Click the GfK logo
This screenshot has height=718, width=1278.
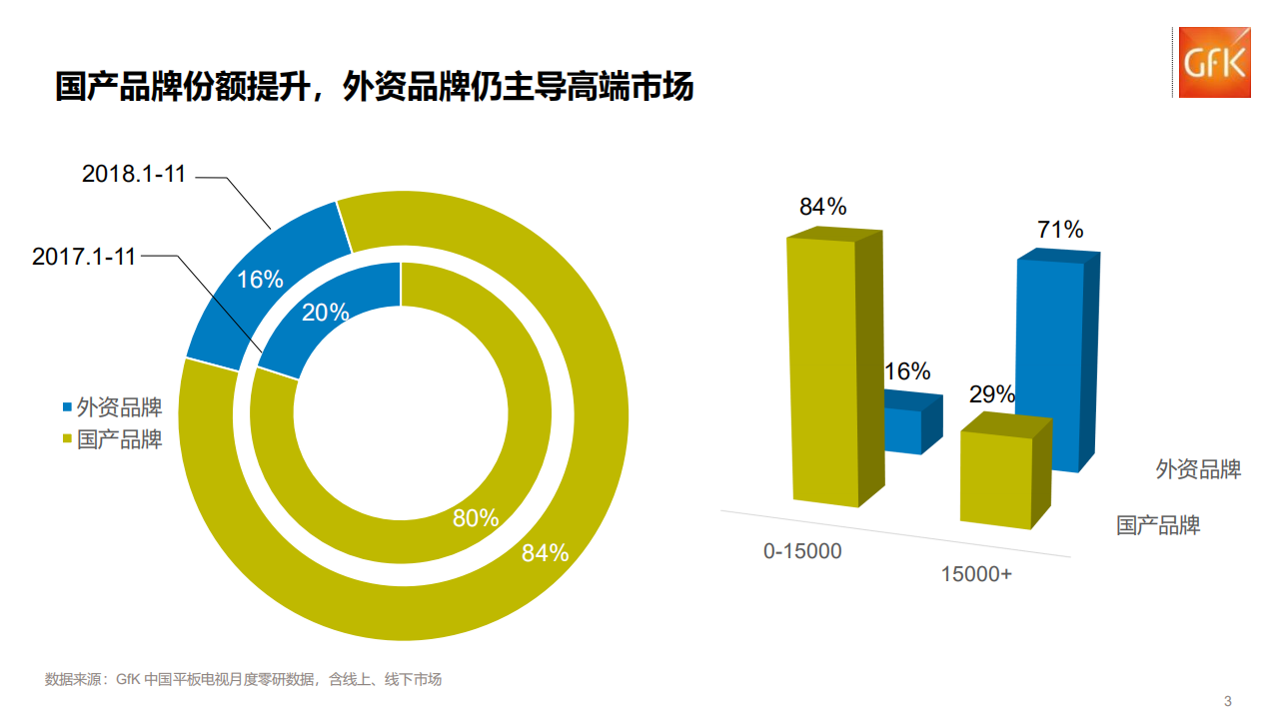(1214, 62)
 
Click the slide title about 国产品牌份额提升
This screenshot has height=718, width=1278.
(374, 87)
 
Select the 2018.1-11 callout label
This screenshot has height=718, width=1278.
(134, 174)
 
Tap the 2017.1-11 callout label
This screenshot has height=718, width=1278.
(84, 257)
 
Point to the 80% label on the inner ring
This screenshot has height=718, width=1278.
(476, 518)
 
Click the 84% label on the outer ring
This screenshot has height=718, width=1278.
(545, 552)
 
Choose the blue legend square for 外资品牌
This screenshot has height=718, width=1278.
(68, 407)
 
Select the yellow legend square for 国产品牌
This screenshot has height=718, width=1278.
(68, 439)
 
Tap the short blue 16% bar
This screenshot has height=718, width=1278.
(904, 429)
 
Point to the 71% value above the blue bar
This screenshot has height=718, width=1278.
(1060, 230)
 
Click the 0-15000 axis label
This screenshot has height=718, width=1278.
(802, 551)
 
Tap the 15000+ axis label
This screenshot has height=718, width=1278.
(976, 574)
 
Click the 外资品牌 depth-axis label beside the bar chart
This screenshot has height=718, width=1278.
(1198, 469)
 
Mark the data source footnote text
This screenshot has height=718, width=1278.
(243, 680)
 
